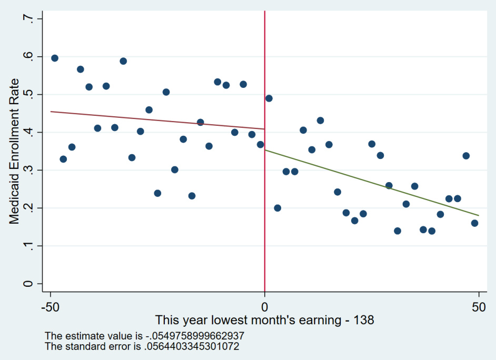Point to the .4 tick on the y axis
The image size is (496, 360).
(26, 132)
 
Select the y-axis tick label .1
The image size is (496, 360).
(26, 245)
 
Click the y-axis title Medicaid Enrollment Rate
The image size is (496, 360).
(14, 151)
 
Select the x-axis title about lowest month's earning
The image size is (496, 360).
(264, 320)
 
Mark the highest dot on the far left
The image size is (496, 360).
(55, 58)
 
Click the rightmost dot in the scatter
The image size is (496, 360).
(474, 223)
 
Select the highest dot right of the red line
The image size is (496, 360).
(269, 98)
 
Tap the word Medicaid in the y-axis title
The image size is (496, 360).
(14, 202)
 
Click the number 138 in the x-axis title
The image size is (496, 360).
(363, 320)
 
